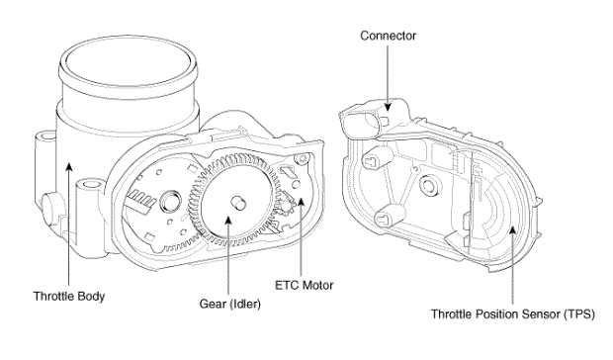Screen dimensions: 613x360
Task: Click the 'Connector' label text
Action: [388, 36]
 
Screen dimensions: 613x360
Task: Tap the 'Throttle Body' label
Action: [69, 296]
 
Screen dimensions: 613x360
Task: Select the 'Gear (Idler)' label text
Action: [229, 304]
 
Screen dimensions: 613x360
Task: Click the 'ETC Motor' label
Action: [305, 285]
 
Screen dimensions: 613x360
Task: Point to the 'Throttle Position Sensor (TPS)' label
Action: [512, 314]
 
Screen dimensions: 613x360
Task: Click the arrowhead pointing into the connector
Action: [388, 107]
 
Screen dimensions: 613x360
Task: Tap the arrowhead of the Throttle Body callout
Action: [69, 167]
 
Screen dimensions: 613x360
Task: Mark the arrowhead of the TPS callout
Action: [512, 230]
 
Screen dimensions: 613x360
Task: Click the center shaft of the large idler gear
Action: [237, 203]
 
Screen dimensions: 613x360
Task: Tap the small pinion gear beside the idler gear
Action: [288, 204]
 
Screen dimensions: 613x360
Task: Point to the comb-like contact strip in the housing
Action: [140, 200]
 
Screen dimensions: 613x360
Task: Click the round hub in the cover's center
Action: [428, 185]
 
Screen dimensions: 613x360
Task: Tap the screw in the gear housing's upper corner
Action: [303, 158]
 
